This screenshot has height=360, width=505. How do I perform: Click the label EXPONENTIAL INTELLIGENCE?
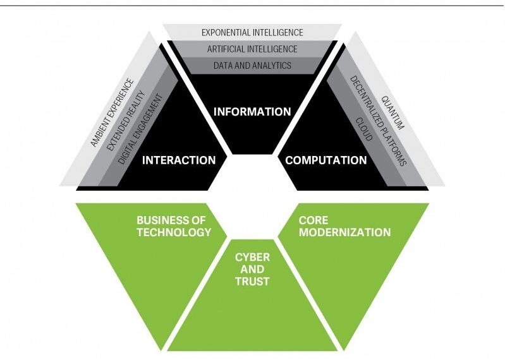(x=252, y=32)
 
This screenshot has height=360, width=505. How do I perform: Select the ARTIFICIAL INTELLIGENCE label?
(x=252, y=49)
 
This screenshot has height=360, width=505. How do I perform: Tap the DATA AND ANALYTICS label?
(x=252, y=65)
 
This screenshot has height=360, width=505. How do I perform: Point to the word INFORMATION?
(x=252, y=112)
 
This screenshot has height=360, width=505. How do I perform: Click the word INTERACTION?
(x=179, y=160)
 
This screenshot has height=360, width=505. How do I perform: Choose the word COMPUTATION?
(x=326, y=160)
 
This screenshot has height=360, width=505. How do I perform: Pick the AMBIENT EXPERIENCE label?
(x=112, y=112)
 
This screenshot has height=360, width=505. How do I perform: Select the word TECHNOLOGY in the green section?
(x=174, y=232)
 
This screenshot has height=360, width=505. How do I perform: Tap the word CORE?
(x=312, y=220)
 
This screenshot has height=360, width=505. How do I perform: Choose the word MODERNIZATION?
(x=344, y=232)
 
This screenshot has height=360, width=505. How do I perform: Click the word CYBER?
(x=253, y=258)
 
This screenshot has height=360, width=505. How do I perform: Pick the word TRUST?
(x=253, y=280)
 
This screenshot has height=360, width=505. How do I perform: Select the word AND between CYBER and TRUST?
(x=253, y=269)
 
